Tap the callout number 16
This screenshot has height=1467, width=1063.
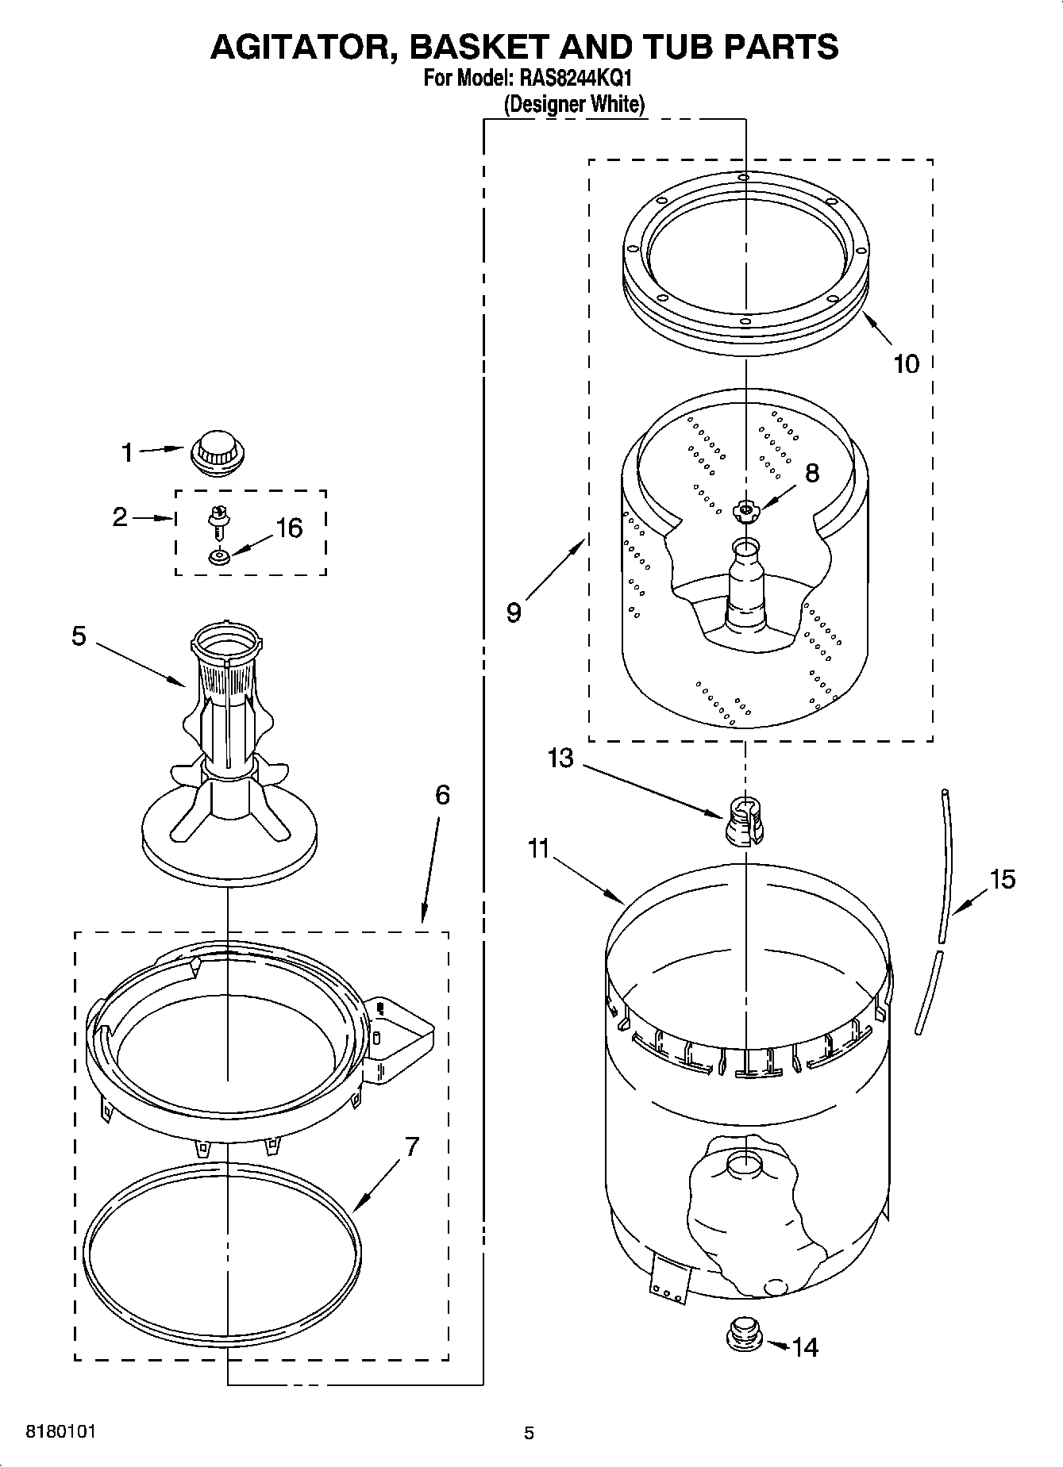coord(288,528)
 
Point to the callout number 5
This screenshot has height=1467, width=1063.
coord(79,636)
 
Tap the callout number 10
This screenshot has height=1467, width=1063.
coord(906,364)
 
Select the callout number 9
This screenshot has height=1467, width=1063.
coord(514,613)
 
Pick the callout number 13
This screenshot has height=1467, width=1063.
coord(560,758)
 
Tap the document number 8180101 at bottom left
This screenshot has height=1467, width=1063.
coord(61,1432)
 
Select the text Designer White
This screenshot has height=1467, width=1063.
coord(574,104)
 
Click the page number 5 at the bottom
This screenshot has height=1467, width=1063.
coord(529,1433)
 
